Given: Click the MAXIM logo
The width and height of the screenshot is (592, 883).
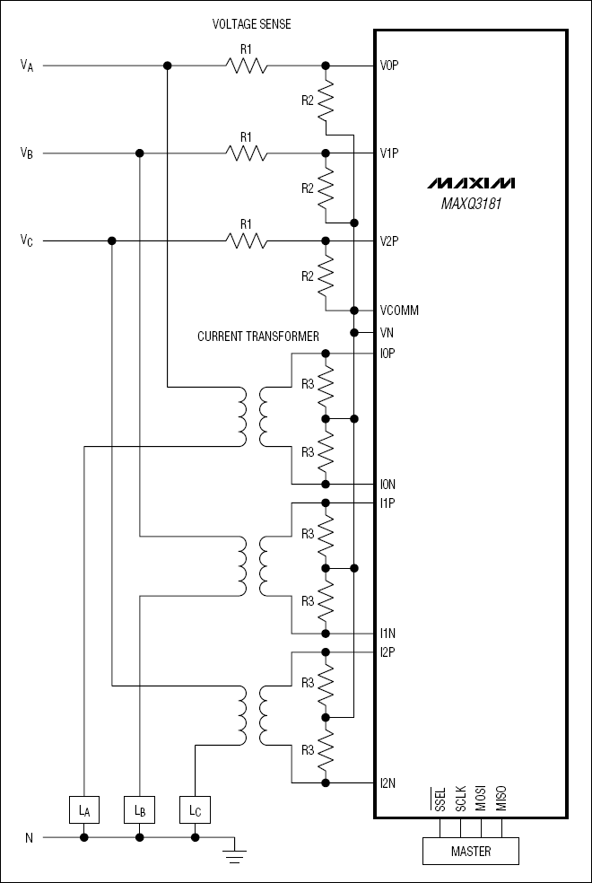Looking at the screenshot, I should click(x=471, y=183).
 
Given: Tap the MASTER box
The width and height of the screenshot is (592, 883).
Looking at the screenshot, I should click(x=471, y=851).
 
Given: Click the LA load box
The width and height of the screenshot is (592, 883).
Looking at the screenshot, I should click(x=83, y=810).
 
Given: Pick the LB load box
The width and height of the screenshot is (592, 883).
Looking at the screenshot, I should click(x=139, y=810).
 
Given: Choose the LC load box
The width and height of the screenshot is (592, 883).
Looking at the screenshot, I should click(x=195, y=810).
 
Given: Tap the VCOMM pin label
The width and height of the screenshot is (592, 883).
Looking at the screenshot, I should click(x=399, y=310).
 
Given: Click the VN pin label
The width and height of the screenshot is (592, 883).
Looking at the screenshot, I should click(x=387, y=332).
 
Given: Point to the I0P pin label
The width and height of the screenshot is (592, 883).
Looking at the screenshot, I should click(x=388, y=354).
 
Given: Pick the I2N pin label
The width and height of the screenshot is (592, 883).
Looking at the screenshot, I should click(x=388, y=782).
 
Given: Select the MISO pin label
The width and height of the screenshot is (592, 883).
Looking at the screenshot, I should click(x=501, y=800).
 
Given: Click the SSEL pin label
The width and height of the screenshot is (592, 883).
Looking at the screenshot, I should click(x=439, y=800).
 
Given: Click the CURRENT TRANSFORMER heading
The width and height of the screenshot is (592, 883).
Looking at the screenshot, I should click(x=258, y=337).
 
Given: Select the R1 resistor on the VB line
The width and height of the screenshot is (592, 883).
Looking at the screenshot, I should click(x=246, y=153).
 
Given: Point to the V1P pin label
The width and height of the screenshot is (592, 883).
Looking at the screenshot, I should click(x=389, y=153).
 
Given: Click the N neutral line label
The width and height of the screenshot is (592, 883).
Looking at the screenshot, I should click(x=29, y=838).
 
